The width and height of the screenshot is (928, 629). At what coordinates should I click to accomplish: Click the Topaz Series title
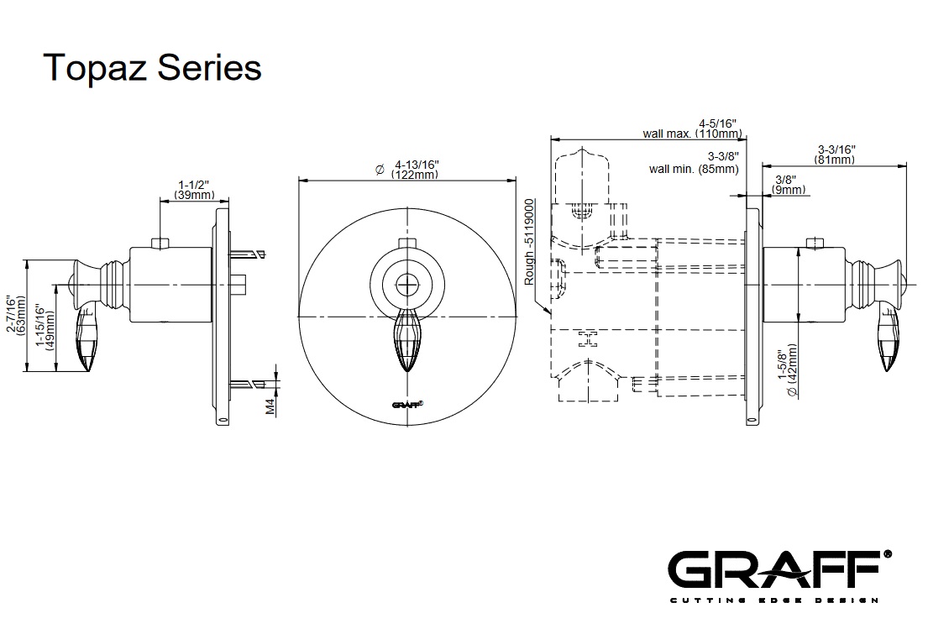(x=152, y=66)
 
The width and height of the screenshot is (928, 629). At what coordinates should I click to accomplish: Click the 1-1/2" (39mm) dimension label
(x=194, y=189)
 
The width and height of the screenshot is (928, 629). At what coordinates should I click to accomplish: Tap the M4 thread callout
(x=270, y=406)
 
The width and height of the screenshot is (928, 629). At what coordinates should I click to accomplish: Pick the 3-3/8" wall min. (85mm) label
(x=695, y=163)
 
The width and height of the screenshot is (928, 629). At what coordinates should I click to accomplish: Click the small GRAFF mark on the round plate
(x=407, y=404)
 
